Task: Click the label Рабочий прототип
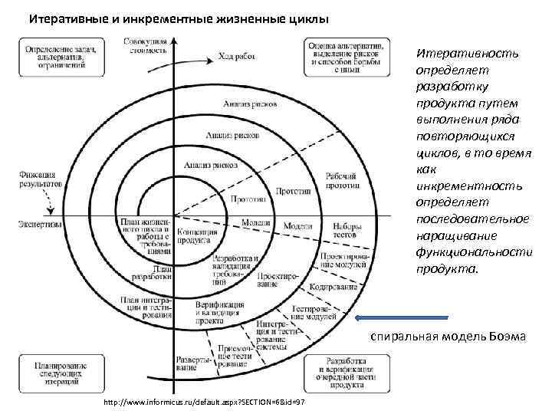point(339,181)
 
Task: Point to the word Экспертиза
point(37,224)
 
